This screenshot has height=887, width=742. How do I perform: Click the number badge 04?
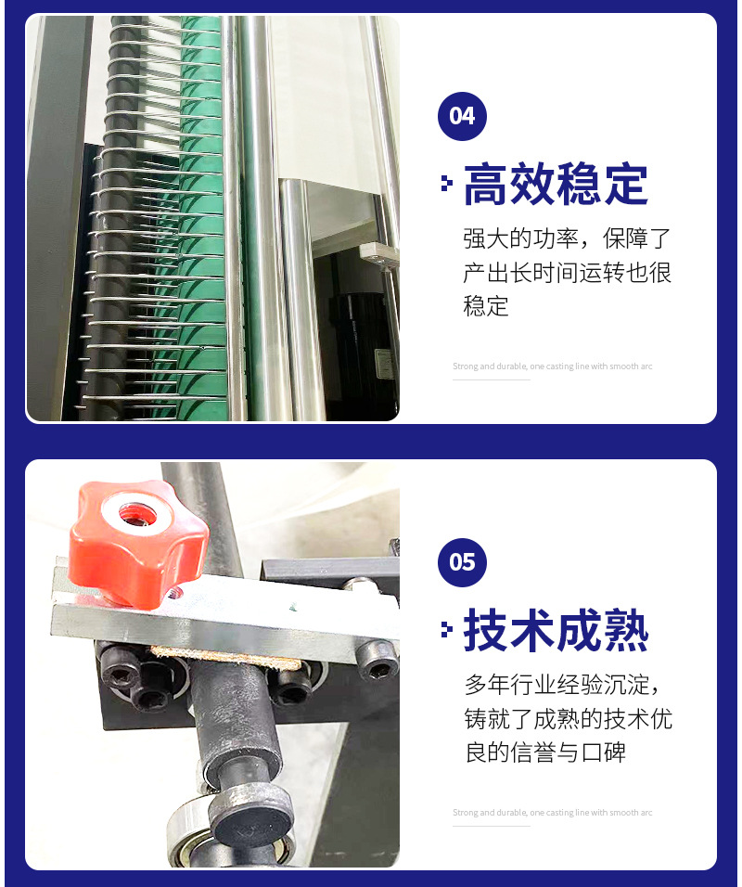tap(462, 116)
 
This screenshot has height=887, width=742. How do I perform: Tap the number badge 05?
tap(462, 562)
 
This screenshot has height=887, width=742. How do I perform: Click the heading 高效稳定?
tap(556, 184)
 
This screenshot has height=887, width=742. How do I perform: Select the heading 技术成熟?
tap(556, 630)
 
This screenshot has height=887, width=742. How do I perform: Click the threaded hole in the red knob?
tap(137, 514)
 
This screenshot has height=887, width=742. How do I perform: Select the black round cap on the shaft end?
tap(250, 820)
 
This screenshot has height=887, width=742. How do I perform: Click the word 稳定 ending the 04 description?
tap(486, 306)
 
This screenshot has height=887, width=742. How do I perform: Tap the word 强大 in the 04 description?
tap(486, 238)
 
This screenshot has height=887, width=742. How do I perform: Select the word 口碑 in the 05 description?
tap(604, 752)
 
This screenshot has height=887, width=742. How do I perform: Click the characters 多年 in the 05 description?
tap(487, 685)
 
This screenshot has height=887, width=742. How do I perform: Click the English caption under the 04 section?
tap(553, 366)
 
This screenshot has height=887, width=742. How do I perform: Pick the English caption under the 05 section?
tap(553, 813)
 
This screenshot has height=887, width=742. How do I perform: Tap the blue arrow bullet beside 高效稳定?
tap(447, 183)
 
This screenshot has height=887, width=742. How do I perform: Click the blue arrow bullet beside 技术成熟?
tap(447, 629)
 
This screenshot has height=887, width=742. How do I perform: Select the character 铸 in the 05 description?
tap(476, 718)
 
